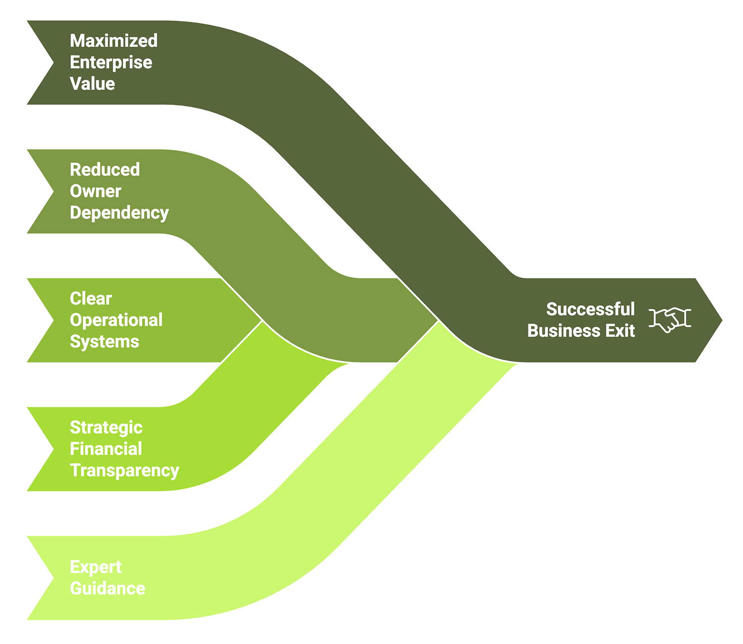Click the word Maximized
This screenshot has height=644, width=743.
113,41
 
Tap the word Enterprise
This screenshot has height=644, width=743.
111,62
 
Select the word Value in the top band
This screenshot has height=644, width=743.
92,84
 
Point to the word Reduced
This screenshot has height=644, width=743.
105,169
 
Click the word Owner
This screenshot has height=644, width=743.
95,191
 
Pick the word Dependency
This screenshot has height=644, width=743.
119,213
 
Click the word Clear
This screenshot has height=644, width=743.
91,298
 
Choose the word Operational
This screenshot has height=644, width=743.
116,320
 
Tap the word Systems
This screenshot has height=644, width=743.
104,341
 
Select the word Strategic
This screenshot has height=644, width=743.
106,427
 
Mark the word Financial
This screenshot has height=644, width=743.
106,449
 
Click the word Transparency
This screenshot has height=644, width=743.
124,470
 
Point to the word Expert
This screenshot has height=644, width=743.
95,567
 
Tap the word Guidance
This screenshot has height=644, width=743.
107,589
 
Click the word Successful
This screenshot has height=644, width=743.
590,309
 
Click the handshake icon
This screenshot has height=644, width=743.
670,320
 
